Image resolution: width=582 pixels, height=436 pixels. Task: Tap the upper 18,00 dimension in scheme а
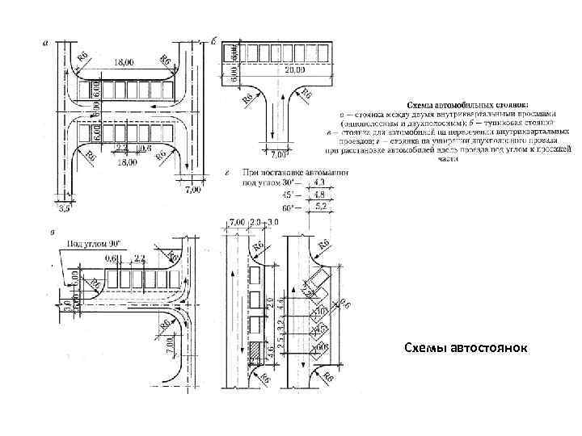[124, 61]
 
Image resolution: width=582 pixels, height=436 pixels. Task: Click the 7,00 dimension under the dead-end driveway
[278, 153]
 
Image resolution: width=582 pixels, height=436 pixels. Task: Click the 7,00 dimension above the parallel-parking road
[238, 222]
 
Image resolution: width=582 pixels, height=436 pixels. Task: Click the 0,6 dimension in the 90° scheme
[111, 258]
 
